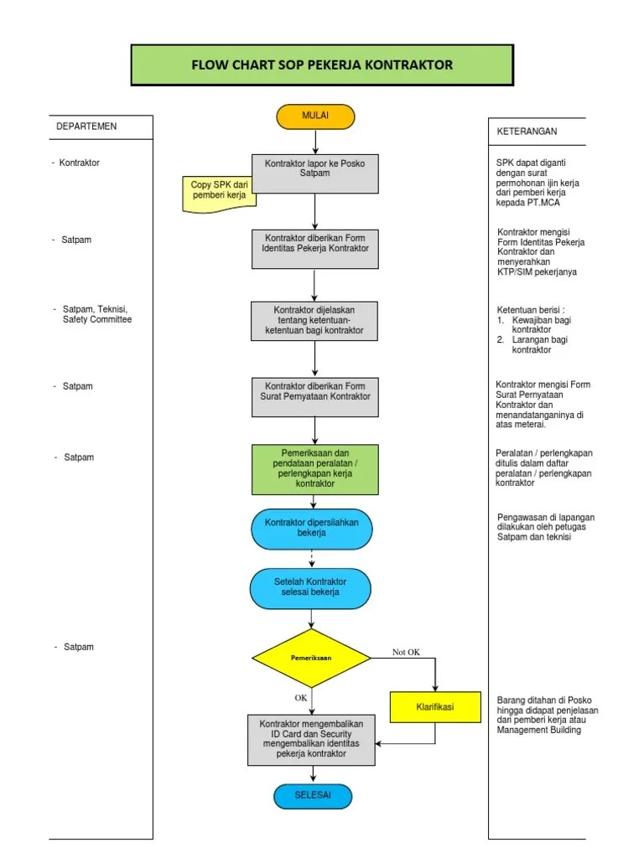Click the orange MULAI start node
coord(314,116)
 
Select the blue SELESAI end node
coord(313,795)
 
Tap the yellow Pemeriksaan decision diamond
coord(312,658)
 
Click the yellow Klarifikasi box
coord(434,707)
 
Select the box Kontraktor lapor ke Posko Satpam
coord(314,173)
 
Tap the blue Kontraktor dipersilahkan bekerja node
coord(312,528)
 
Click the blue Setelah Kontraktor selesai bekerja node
coord(311,587)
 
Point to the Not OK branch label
coord(406,652)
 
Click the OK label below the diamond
coord(300,697)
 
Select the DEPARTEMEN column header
coord(86,127)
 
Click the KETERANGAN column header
coord(527,132)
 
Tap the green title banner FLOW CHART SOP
coord(322,65)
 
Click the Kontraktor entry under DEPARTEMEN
coord(79,163)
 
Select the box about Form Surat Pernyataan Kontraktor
coord(314,396)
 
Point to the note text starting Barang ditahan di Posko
coord(546,715)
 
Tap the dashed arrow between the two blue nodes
coord(312,559)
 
